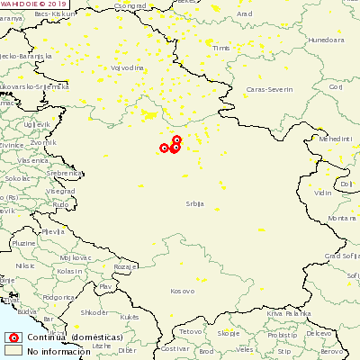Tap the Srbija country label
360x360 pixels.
(195, 204)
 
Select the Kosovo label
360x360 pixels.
(182, 291)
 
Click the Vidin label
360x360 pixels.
(322, 193)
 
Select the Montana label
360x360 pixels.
(341, 219)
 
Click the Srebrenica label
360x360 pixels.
(41, 171)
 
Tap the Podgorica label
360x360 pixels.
(58, 296)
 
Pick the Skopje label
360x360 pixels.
(229, 333)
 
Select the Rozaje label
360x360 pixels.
(127, 266)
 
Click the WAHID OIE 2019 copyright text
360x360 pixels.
(34, 4)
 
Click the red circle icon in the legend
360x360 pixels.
(13, 337)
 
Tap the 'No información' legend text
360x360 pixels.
(58, 351)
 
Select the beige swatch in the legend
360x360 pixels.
(13, 350)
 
